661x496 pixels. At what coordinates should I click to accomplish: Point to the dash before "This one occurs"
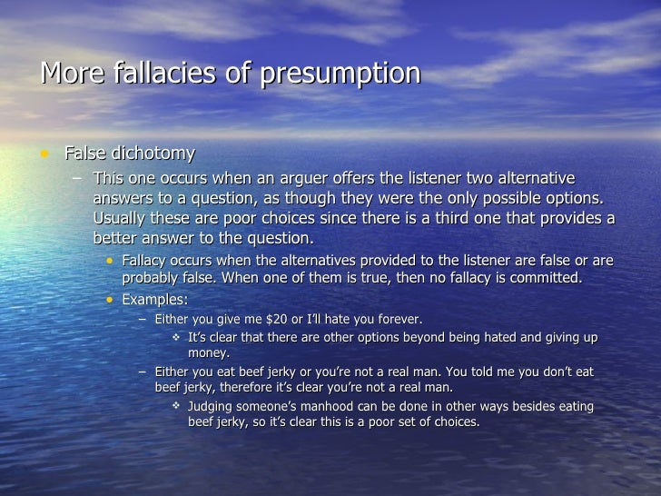click(77, 177)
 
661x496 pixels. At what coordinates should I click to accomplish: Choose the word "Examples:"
click(155, 299)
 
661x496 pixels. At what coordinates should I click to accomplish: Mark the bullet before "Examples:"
click(110, 299)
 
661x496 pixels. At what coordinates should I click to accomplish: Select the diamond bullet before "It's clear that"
click(177, 338)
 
